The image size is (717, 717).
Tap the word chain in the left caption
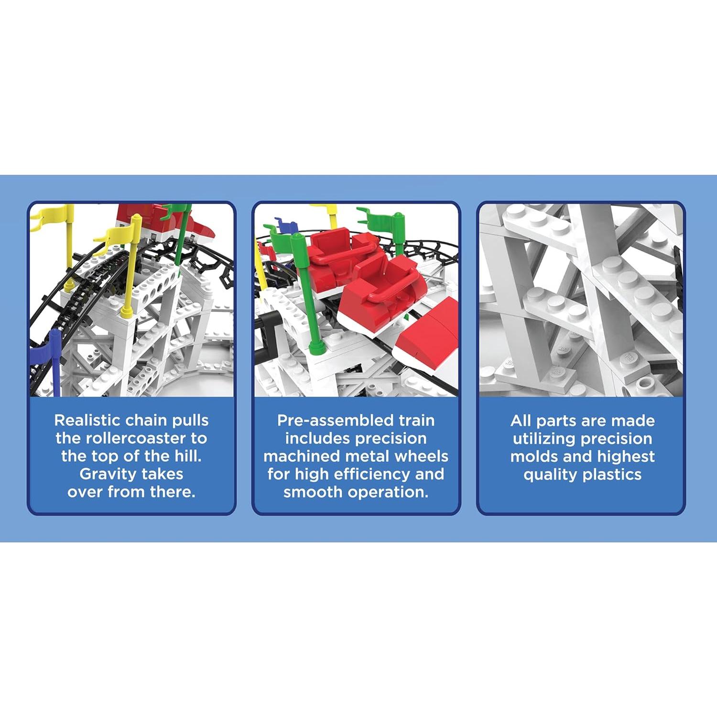pyautogui.click(x=146, y=420)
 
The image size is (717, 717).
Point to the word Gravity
pyautogui.click(x=103, y=474)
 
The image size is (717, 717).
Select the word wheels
pyautogui.click(x=422, y=456)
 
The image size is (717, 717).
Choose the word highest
pyautogui.click(x=626, y=456)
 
